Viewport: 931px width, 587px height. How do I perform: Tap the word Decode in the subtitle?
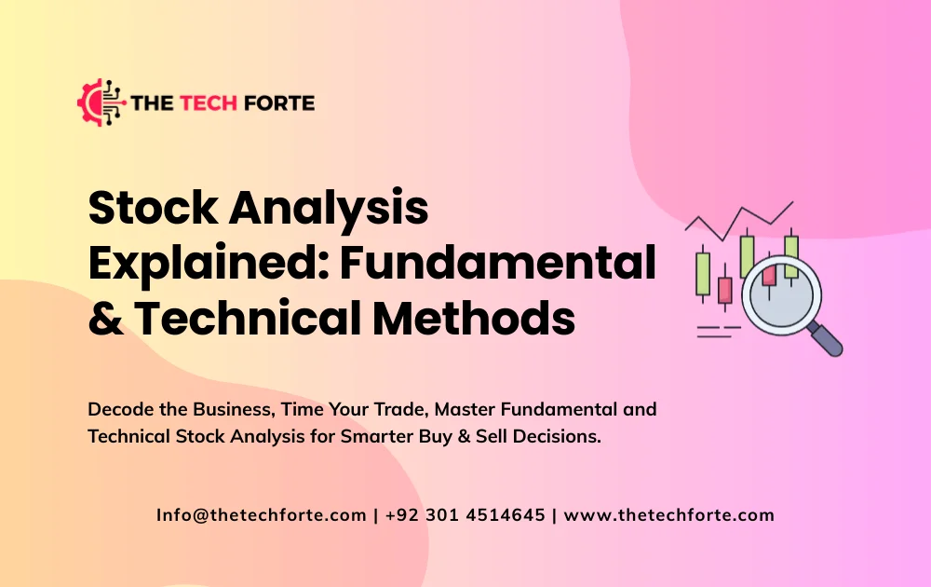[118, 409]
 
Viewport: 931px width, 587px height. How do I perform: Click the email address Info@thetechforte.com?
[262, 514]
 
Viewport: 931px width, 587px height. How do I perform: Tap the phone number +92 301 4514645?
[464, 514]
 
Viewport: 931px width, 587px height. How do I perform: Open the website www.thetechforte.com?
[669, 514]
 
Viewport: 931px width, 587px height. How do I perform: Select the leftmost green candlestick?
[703, 272]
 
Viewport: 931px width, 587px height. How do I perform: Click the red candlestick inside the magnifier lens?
[768, 276]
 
